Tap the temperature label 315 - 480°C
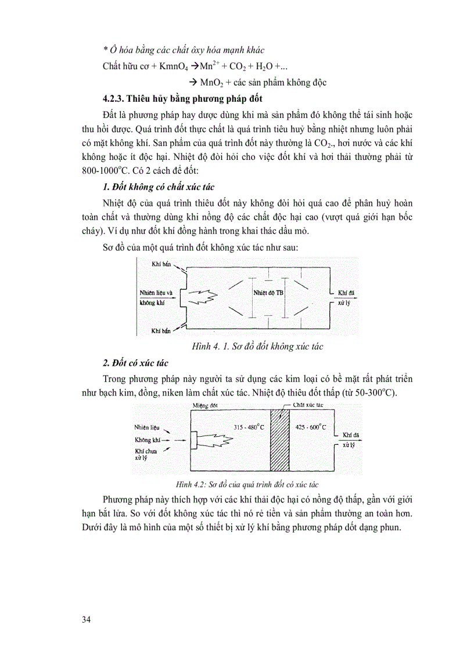tap(249, 427)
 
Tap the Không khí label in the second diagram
tap(147, 440)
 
